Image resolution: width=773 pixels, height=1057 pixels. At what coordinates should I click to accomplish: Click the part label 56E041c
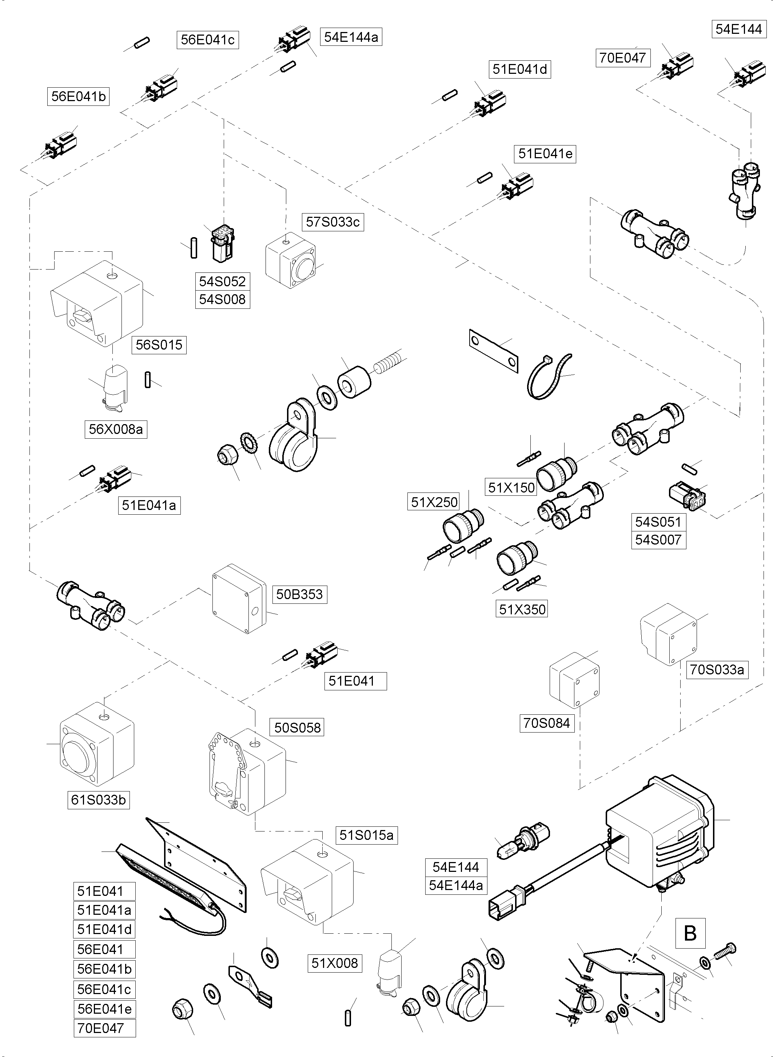207,40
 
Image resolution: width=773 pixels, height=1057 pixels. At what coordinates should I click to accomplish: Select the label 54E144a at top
351,37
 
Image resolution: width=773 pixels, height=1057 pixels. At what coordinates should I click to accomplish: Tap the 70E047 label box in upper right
622,58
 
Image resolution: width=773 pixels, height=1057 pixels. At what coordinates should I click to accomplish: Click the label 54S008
222,299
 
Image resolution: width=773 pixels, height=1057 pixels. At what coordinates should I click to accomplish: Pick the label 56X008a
116,429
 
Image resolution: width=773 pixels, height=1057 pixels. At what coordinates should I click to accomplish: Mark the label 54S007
658,540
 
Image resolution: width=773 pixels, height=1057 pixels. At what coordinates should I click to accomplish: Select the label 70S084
546,723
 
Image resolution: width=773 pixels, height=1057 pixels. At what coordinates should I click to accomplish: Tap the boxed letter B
690,933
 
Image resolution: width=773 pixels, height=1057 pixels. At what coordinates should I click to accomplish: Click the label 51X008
335,963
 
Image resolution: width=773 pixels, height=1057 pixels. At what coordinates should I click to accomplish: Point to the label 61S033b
98,800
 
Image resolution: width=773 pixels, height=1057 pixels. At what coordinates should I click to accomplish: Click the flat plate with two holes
493,351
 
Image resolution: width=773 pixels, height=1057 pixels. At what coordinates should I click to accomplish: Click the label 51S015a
366,835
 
